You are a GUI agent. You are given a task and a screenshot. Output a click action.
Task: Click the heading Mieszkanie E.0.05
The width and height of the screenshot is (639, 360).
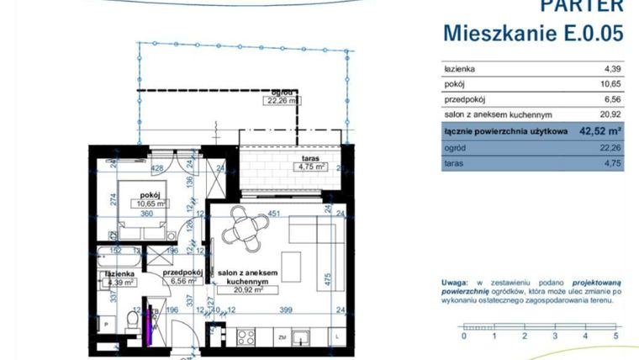tap(534, 33)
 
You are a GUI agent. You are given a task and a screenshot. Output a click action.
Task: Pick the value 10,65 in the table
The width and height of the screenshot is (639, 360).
tap(609, 84)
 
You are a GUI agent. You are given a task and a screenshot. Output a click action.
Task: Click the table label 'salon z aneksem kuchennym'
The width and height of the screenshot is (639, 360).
tap(498, 115)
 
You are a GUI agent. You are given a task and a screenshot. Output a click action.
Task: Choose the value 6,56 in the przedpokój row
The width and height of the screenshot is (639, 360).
tap(610, 99)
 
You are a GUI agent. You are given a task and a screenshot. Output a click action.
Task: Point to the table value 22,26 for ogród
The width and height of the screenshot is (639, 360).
tap(609, 147)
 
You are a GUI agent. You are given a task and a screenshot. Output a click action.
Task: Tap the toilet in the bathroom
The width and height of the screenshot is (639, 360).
tap(132, 320)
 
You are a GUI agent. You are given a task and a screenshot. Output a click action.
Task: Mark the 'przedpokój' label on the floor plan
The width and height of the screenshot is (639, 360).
tap(182, 273)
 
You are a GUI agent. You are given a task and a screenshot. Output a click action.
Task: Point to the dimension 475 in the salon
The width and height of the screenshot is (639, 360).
tap(329, 277)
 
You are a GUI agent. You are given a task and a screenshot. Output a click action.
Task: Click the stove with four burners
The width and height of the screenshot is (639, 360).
tap(246, 337)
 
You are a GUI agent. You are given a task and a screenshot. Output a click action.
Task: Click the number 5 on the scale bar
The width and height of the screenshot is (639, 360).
tap(615, 336)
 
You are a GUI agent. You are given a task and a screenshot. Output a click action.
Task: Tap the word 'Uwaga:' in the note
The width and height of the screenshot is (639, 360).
tap(457, 283)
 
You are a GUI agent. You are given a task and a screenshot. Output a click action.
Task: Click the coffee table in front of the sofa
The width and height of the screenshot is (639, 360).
tap(291, 267)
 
